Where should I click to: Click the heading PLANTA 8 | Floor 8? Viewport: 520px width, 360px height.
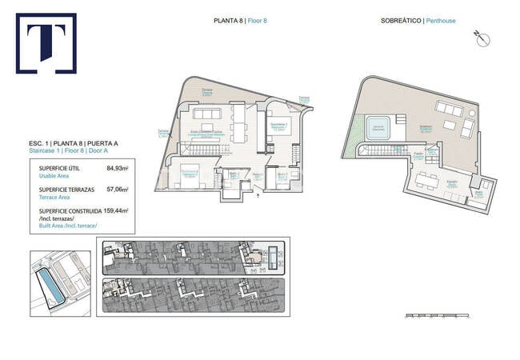pos(240,21)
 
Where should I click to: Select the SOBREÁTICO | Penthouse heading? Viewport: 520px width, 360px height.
pos(418,21)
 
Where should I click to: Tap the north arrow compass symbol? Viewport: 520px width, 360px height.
pos(482,36)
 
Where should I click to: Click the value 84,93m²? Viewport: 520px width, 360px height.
pos(117,169)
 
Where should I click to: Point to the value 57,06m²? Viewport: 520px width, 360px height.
pos(117,190)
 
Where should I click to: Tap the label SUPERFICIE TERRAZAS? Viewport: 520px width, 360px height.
pos(69,190)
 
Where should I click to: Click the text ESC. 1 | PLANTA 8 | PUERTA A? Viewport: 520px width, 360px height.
pos(70,142)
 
